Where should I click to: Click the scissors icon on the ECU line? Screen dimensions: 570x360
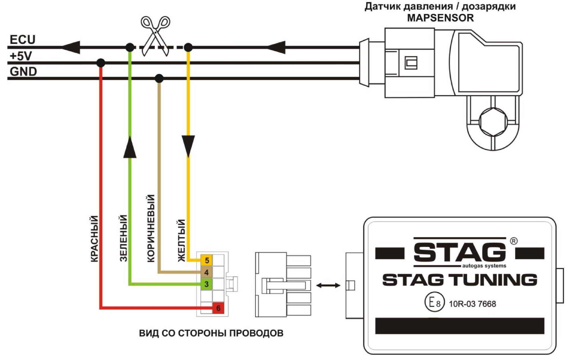point(155,36)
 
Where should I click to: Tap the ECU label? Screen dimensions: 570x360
point(23,40)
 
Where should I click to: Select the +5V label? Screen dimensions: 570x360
point(21,56)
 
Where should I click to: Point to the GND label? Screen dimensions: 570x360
point(23,72)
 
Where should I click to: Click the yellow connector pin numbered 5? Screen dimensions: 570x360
point(207,260)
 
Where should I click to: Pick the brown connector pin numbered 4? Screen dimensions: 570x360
point(207,272)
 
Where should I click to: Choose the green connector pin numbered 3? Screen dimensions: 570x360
point(207,284)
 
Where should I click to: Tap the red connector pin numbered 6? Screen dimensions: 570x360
point(218,308)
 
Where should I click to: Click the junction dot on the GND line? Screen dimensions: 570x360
point(159,78)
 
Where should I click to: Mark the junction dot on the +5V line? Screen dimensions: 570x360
point(101,63)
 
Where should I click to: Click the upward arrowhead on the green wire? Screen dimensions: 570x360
point(130,147)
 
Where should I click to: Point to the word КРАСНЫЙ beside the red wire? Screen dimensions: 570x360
point(94,239)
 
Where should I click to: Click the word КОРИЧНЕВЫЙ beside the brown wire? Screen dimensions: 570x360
point(151,228)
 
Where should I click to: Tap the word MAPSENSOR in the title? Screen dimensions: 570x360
point(440,18)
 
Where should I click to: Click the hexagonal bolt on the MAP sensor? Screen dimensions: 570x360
point(493,122)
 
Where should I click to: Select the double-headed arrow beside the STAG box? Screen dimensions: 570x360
point(328,285)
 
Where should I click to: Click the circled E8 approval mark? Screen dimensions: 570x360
point(434,302)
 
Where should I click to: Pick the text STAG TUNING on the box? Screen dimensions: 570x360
point(460,280)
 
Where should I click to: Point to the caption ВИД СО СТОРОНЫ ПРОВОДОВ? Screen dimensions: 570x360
point(211,333)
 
